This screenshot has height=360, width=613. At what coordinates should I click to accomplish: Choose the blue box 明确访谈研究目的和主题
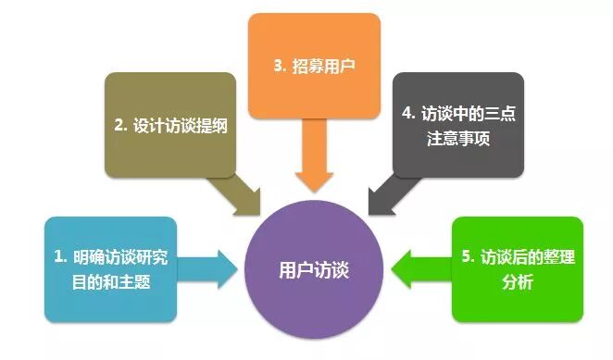(x=101, y=267)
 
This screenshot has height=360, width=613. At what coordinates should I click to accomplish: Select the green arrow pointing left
(x=422, y=269)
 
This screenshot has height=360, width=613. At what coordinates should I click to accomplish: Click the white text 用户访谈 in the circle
(x=315, y=269)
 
